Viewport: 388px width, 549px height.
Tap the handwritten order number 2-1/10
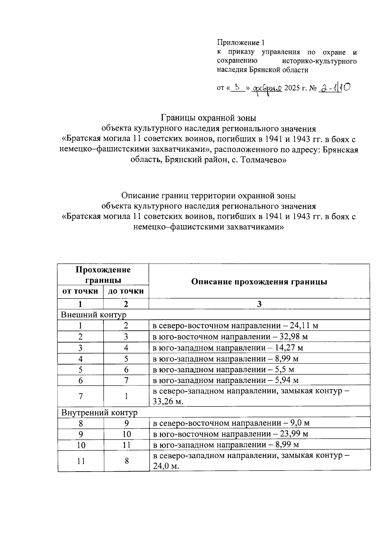tap(335, 87)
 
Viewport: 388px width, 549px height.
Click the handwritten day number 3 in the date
tap(237, 87)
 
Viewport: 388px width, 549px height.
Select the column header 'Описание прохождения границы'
tap(259, 281)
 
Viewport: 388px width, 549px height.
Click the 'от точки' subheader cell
tap(80, 291)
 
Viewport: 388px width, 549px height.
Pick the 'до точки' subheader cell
tap(126, 291)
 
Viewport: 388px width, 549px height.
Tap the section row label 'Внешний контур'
tap(93, 315)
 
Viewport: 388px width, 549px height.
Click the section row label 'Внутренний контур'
tap(99, 413)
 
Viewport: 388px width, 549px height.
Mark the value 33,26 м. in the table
tap(168, 402)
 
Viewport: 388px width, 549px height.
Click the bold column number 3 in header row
tap(259, 304)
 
